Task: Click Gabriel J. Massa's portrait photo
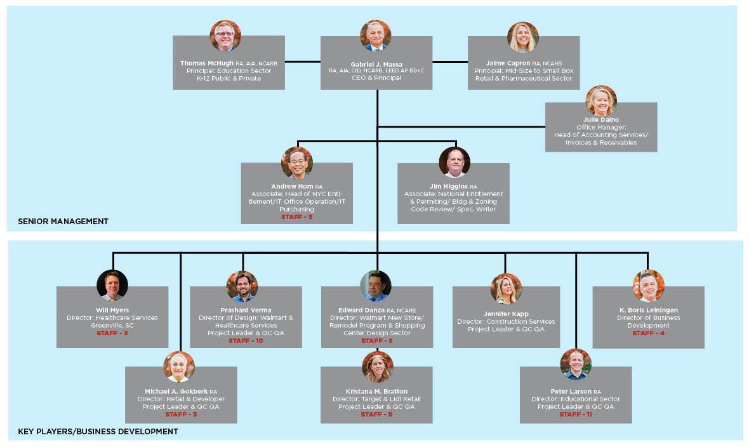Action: coord(376,36)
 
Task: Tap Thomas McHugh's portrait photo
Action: coord(225,36)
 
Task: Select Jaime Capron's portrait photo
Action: coord(523,37)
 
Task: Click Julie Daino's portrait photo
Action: coord(601,101)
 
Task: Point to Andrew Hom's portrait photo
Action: coord(297,163)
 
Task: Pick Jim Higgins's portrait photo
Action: coord(454,163)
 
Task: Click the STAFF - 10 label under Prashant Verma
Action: coord(246,341)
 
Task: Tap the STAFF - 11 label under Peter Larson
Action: coord(576,414)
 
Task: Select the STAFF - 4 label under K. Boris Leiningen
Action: coord(648,333)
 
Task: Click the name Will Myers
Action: coord(112,310)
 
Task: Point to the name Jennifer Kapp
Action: coord(506,314)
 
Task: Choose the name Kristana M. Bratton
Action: coord(376,391)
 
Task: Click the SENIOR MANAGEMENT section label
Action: coord(63,222)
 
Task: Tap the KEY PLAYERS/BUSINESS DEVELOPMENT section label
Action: coord(98,432)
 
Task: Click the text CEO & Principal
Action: coord(376,77)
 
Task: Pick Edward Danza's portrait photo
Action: coord(376,286)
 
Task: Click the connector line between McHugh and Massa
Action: coord(302,62)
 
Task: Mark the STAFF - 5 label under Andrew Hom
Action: coord(297,217)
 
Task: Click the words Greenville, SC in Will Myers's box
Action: coord(112,325)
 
